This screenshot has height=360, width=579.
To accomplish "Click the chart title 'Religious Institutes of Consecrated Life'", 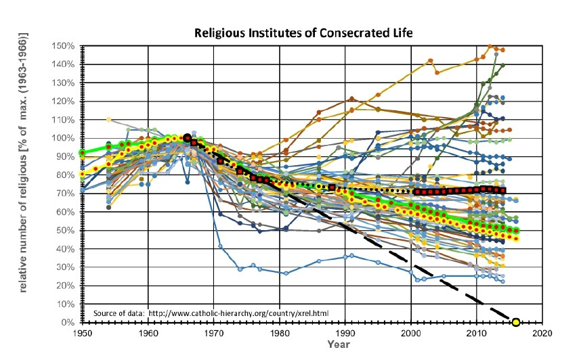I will tap(303, 32).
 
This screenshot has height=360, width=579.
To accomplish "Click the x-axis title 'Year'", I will tap(339, 344).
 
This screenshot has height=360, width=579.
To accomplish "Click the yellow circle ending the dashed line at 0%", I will tap(516, 322).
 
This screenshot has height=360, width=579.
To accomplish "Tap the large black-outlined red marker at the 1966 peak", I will tap(187, 138).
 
